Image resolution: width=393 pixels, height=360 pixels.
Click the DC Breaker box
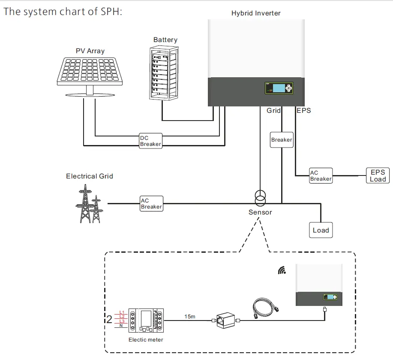(x=150, y=141)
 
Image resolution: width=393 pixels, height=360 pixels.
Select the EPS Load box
(x=378, y=175)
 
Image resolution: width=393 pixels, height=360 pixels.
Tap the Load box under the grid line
(x=321, y=230)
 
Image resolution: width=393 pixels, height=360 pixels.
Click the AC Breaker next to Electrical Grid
(x=151, y=203)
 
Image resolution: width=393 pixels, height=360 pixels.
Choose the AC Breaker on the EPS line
(x=321, y=175)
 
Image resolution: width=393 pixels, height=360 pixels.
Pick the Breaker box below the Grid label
(x=282, y=140)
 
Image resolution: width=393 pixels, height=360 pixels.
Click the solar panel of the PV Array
(x=90, y=70)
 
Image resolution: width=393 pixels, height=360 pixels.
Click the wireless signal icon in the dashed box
(x=282, y=270)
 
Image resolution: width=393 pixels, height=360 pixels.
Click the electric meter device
(x=147, y=320)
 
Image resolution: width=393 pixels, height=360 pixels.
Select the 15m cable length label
(x=190, y=317)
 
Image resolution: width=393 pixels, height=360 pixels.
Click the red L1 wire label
(x=122, y=312)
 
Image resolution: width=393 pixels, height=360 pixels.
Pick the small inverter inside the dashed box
(x=319, y=286)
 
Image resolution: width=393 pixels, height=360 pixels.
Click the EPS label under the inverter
(x=304, y=111)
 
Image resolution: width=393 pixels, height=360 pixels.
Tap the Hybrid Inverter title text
(x=256, y=13)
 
